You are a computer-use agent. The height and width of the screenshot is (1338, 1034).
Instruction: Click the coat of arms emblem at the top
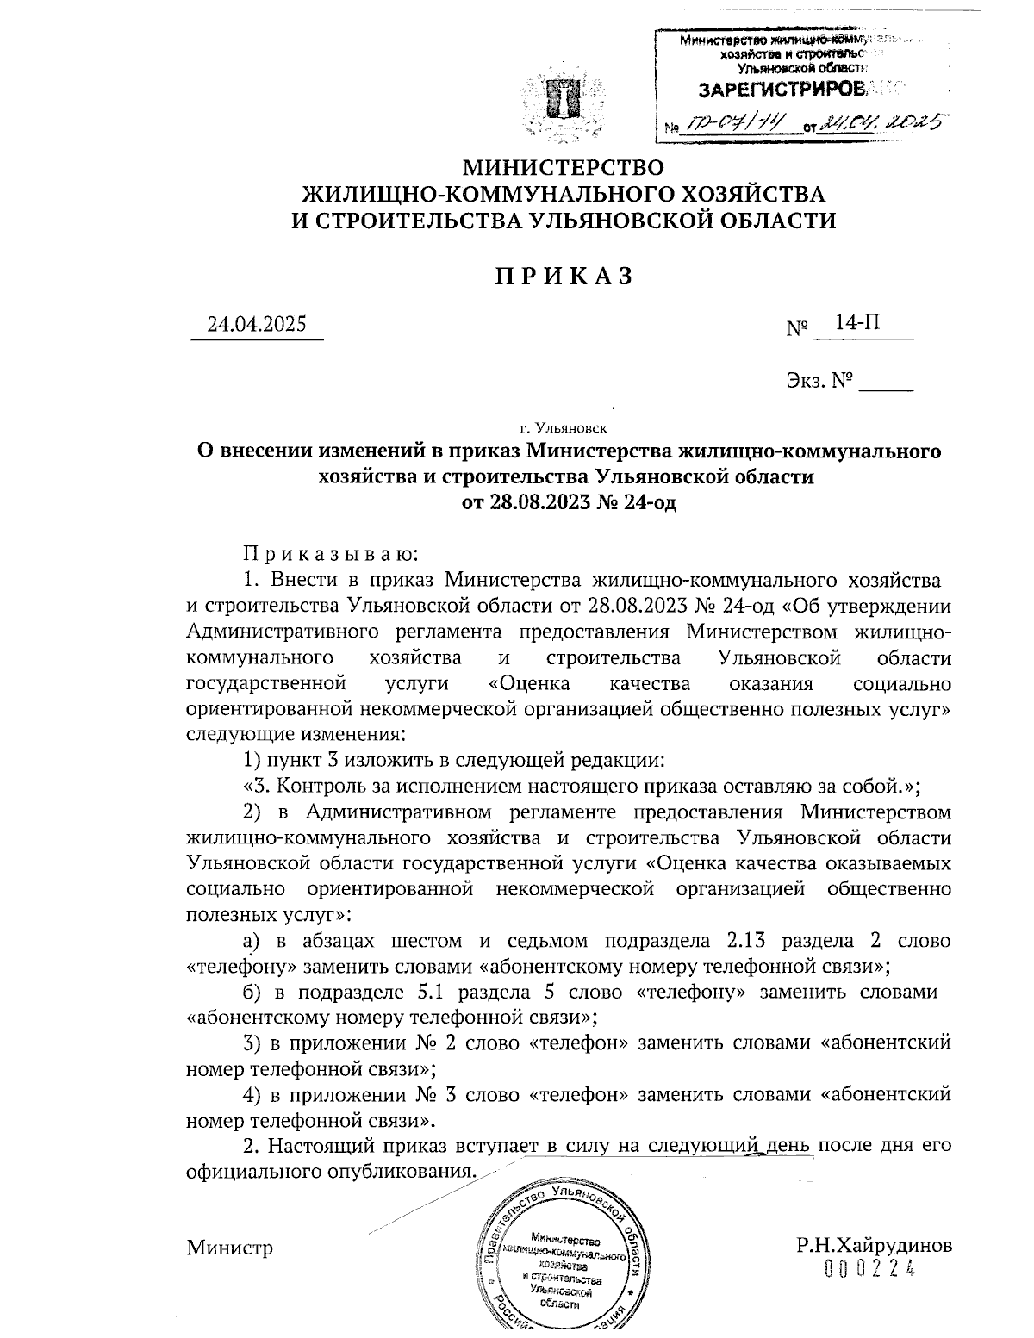coord(564,106)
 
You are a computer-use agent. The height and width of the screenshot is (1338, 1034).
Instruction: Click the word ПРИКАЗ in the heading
coord(564,276)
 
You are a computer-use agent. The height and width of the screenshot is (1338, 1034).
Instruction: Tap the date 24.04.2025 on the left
coord(256,325)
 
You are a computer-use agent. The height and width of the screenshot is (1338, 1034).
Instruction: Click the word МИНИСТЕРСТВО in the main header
coord(564,166)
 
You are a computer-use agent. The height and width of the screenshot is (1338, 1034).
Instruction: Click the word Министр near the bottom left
coord(230,1247)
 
